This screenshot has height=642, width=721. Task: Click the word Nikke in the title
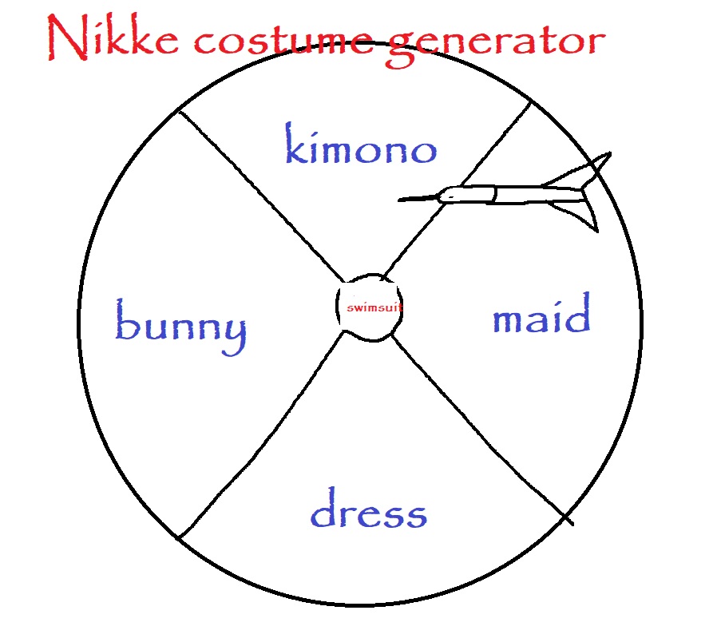coord(111,40)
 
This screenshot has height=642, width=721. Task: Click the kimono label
coord(361,149)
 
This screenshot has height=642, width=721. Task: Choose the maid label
coord(541,318)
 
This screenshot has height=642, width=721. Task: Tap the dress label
coord(368,511)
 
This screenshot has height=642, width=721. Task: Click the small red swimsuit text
coord(369,307)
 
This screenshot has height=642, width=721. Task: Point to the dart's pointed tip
coord(401,200)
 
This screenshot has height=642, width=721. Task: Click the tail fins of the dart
coord(587,192)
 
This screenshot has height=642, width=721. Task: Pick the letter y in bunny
coord(232,335)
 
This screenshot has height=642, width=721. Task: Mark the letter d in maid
coord(578,315)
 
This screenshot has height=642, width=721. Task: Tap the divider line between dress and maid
coord(479,431)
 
